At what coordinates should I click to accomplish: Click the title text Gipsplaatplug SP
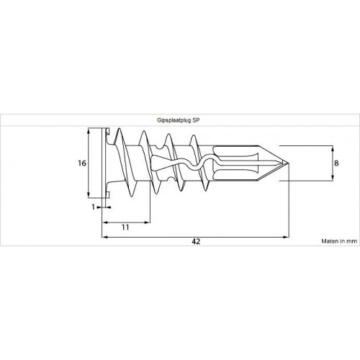(178, 120)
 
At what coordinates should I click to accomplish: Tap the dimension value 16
(82, 163)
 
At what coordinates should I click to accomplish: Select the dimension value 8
(336, 163)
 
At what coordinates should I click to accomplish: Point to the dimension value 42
(196, 241)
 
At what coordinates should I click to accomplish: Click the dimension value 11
(125, 228)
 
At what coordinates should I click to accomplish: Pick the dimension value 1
(94, 207)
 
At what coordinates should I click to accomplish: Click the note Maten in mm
(339, 241)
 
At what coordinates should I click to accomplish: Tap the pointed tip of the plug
(289, 163)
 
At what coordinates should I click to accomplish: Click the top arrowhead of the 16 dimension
(89, 130)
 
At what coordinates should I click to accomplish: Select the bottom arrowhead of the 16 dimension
(89, 195)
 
